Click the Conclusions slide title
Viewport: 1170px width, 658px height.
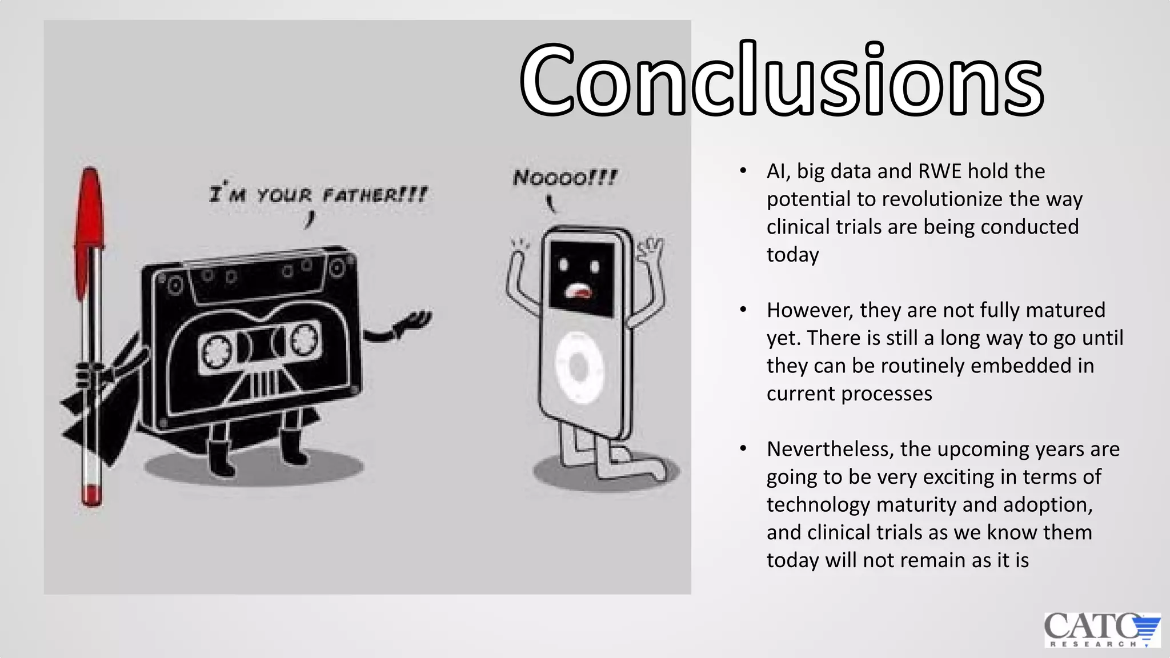(782, 80)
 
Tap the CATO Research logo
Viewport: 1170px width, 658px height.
(1101, 629)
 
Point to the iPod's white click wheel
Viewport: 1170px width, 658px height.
(579, 367)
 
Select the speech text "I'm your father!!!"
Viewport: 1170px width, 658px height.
(318, 195)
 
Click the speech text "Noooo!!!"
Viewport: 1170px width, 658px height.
(564, 178)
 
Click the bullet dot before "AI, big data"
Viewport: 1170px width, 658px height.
(743, 171)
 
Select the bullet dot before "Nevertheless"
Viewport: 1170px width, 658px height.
(743, 449)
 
